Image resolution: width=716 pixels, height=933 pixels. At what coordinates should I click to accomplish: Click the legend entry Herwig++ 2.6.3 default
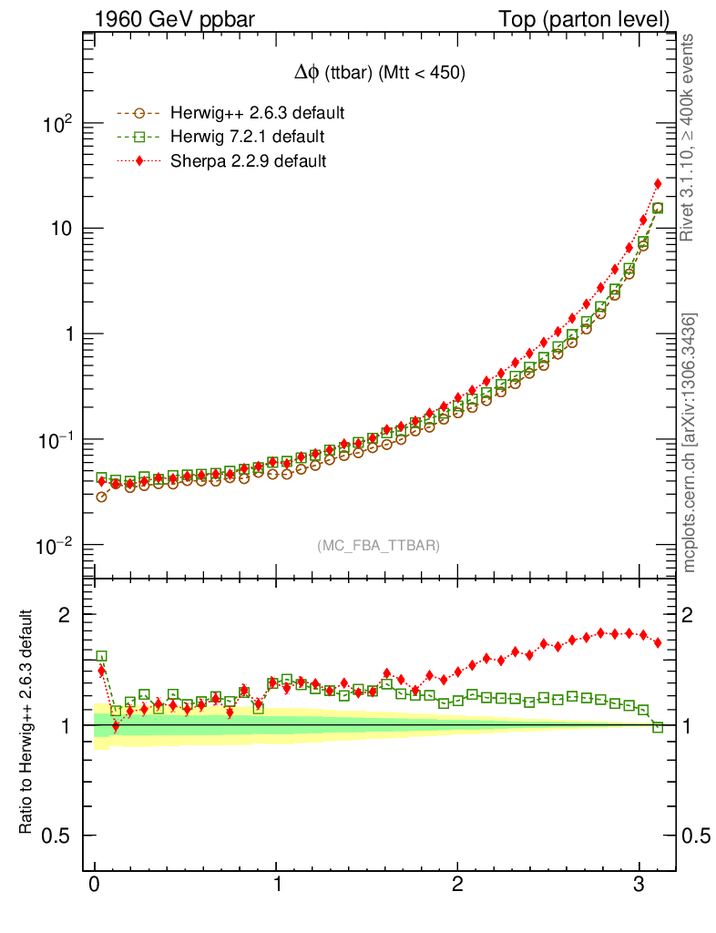[257, 114]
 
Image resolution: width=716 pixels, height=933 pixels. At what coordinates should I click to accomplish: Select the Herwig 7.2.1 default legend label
[247, 138]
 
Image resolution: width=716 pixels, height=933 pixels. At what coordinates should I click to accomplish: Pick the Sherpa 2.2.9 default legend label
[248, 161]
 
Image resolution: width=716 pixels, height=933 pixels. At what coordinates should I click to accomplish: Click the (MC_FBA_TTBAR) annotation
[379, 546]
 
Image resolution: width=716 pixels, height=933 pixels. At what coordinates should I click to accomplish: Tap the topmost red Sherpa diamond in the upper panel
[658, 184]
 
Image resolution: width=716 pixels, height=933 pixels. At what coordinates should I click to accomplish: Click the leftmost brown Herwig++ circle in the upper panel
[101, 497]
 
